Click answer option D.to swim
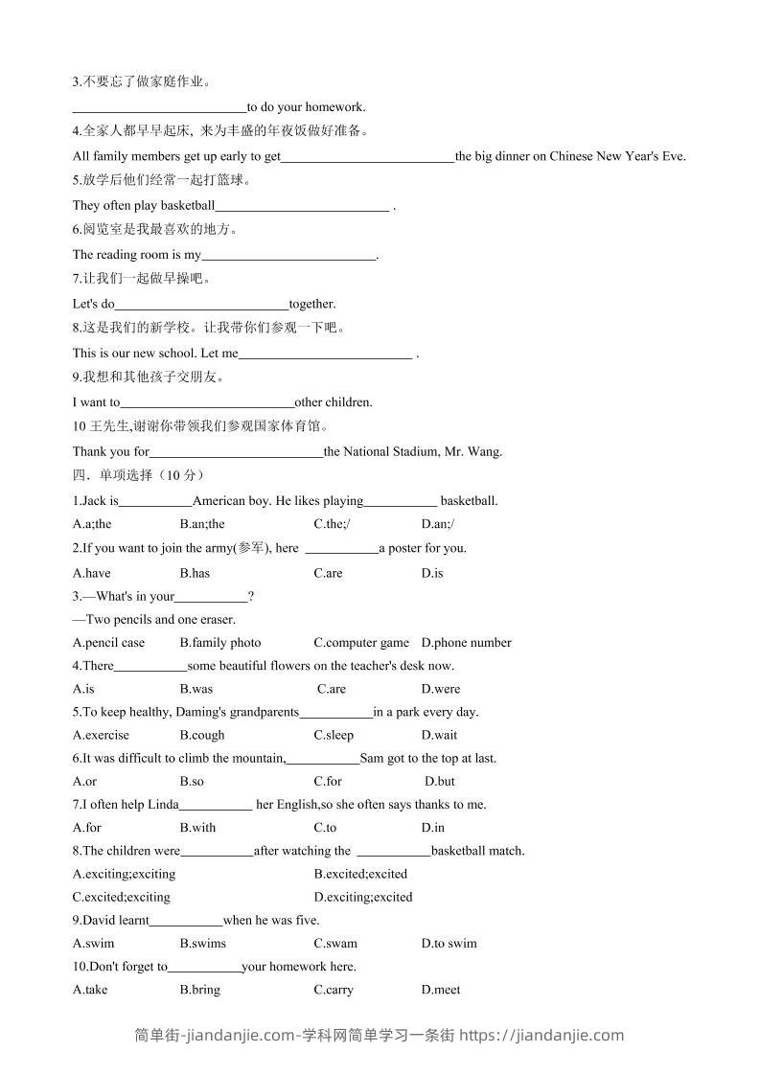click(x=449, y=944)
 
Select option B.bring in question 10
click(x=199, y=990)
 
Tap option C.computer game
click(x=361, y=643)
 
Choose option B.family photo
click(x=219, y=643)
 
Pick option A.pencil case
click(x=108, y=643)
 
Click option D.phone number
click(x=466, y=643)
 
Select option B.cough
click(x=201, y=735)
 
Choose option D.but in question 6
click(x=440, y=782)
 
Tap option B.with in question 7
click(x=197, y=828)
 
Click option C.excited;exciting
click(x=121, y=898)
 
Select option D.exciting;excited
click(x=363, y=898)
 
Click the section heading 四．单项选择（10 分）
click(x=138, y=475)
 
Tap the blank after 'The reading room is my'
click(x=288, y=256)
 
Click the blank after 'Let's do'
click(x=201, y=305)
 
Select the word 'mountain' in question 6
click(x=259, y=759)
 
